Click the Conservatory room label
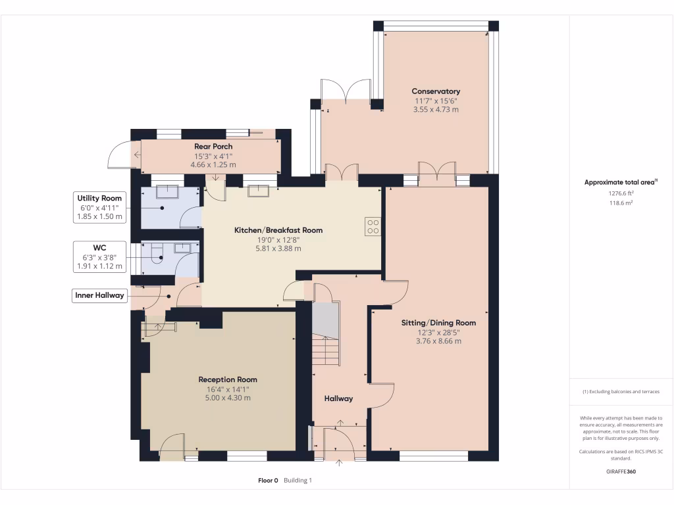point(436,91)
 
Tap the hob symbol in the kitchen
point(373,227)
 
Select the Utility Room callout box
point(99,207)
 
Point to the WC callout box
point(99,257)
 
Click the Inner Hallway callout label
point(99,295)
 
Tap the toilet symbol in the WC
point(157,254)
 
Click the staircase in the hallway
point(326,333)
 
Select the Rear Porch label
point(213,147)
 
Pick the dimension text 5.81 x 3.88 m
point(278,249)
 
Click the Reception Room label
point(228,379)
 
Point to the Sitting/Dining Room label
point(438,323)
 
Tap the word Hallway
point(338,398)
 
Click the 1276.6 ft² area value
point(621,193)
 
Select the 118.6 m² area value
point(621,203)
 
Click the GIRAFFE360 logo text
point(621,471)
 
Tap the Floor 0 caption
point(268,481)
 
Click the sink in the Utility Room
point(167,191)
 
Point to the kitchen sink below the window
point(258,191)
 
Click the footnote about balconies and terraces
point(621,392)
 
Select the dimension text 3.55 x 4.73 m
point(436,110)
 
